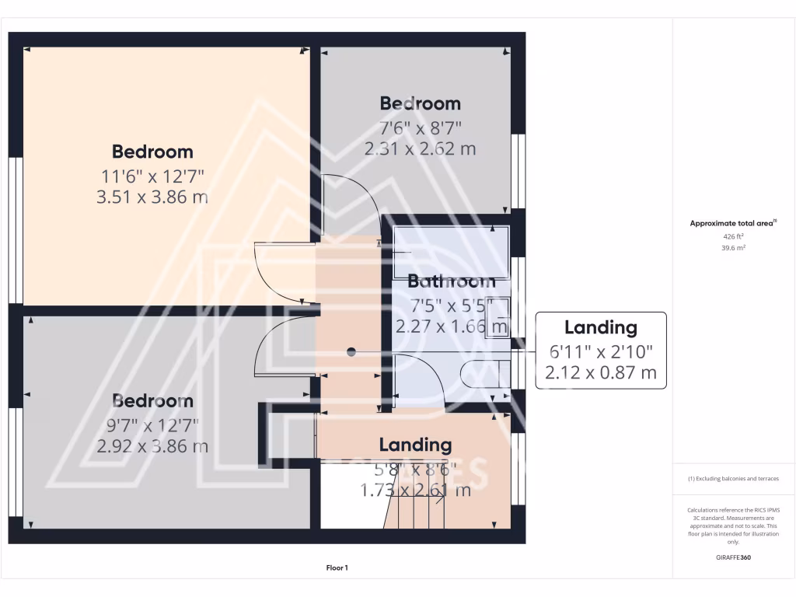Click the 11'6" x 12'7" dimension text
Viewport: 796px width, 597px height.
tap(152, 175)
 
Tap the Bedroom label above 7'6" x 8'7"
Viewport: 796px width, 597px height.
tap(420, 103)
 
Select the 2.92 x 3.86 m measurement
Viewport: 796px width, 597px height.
tap(152, 447)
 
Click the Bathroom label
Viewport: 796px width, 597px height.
tap(451, 281)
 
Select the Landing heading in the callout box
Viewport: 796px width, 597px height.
tap(600, 327)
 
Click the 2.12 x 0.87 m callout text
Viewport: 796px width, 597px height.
tap(600, 373)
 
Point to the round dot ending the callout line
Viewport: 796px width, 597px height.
tap(351, 352)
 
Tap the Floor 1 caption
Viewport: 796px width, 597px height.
tap(337, 568)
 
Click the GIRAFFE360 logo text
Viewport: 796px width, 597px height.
tap(735, 557)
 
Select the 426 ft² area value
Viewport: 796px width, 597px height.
tap(734, 236)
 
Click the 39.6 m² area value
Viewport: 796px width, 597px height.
tap(734, 248)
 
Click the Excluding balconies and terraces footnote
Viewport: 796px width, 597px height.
tap(734, 479)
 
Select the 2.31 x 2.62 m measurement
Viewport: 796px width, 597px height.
tap(420, 148)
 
